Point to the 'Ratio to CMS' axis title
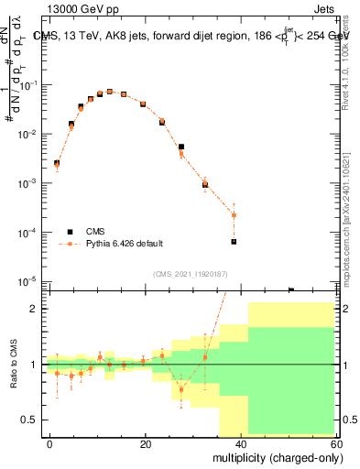click(13, 365)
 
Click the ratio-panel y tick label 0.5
click(28, 420)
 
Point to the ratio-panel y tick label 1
click(33, 365)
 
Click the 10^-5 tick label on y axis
click(27, 281)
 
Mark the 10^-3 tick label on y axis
click(27, 183)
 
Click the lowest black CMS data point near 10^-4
click(234, 242)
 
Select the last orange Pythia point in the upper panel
click(234, 215)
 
